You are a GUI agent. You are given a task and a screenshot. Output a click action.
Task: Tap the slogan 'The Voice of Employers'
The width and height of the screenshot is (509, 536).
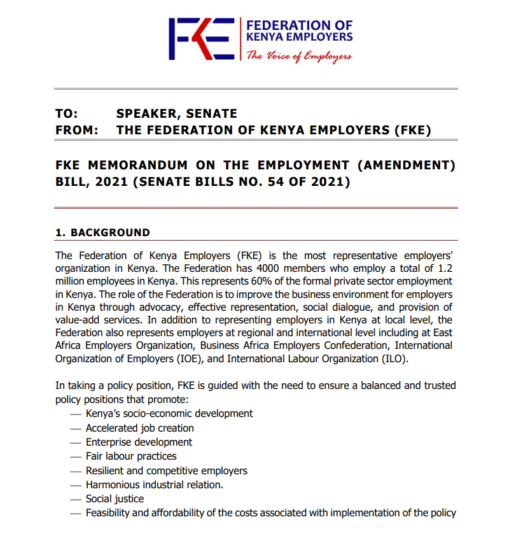(x=298, y=56)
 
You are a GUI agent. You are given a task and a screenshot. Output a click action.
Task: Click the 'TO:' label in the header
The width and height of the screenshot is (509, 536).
(x=67, y=114)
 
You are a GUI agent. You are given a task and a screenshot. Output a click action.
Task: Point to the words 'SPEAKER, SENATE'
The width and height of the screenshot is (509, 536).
(x=176, y=114)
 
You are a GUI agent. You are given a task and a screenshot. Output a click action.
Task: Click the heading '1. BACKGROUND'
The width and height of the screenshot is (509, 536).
(x=102, y=232)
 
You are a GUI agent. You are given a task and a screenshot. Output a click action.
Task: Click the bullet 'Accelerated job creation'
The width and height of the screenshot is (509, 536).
(x=139, y=428)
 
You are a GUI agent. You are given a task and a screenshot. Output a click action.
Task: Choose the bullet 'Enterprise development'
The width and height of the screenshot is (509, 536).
(x=139, y=442)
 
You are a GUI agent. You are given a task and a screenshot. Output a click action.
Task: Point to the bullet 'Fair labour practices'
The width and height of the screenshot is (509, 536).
(x=131, y=456)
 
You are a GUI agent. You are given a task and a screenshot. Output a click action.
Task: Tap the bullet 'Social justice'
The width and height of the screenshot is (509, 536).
(x=115, y=498)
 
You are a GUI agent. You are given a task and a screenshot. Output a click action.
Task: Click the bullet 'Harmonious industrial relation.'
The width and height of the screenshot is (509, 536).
(x=155, y=484)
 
